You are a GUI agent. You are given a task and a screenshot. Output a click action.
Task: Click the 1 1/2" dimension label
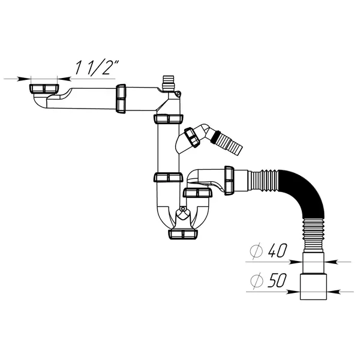97,67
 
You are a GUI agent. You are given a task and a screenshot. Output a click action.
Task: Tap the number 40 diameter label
278,250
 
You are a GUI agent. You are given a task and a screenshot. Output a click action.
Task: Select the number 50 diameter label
277,280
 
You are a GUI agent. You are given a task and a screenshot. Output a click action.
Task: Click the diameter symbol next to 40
256,251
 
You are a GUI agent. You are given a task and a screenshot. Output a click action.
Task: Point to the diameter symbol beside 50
256,281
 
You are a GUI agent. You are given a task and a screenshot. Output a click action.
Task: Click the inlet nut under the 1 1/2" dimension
44,89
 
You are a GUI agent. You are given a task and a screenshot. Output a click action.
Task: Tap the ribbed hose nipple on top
169,83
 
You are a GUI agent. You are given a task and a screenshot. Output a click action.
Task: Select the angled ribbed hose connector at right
229,142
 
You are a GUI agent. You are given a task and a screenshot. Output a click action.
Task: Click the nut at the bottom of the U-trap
183,234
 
